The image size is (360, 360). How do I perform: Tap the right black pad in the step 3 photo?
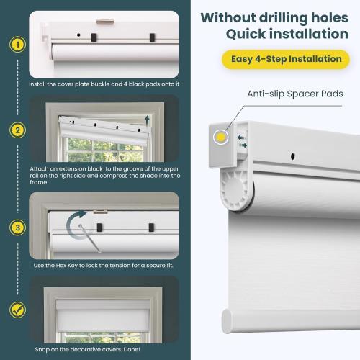[150, 228]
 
